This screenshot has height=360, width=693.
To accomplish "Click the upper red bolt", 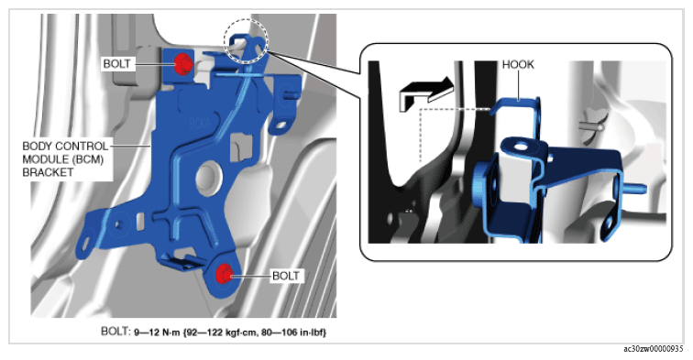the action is [x=182, y=64].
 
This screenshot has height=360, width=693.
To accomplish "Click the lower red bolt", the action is [x=224, y=275].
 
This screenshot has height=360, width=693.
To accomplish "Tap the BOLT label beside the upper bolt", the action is [x=116, y=63].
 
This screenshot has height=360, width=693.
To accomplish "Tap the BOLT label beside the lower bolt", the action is [x=285, y=276].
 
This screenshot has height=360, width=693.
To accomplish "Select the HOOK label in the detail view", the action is [x=518, y=64].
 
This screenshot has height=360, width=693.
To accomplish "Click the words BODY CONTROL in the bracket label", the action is [x=65, y=146].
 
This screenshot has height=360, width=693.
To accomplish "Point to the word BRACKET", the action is [x=48, y=172].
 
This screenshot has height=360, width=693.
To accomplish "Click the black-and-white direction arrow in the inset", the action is [x=426, y=93].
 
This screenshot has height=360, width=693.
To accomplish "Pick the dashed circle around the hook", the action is [x=246, y=42].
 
